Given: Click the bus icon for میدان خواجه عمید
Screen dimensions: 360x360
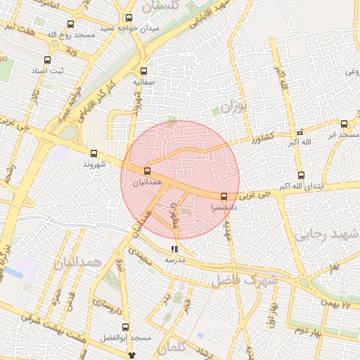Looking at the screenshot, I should (128, 18).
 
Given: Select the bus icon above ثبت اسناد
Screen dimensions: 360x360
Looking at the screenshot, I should (47, 60).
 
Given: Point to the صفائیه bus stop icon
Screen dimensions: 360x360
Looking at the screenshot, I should (144, 71).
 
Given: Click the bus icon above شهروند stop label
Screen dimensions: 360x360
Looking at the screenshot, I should (94, 153).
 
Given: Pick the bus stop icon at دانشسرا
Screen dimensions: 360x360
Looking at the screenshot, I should (224, 197).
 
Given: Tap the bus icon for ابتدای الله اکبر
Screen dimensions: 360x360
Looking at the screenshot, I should (301, 176).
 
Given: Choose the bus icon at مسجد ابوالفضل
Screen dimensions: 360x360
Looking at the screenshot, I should (126, 328).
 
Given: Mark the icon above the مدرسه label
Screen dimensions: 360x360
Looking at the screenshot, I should (174, 249).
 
